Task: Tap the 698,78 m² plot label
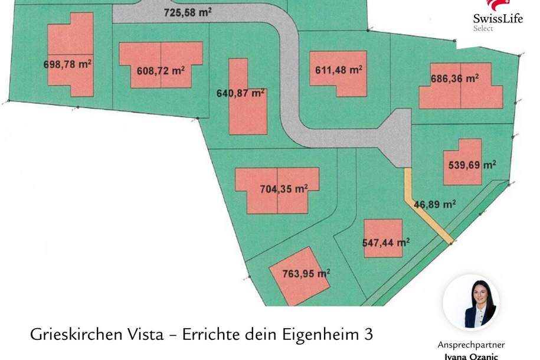click(x=67, y=64)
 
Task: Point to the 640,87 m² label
click(x=241, y=93)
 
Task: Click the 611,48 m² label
click(x=339, y=70)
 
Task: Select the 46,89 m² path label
click(x=434, y=205)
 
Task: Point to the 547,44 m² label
click(x=385, y=243)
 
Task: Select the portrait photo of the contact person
click(x=472, y=303)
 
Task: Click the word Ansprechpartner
click(x=471, y=345)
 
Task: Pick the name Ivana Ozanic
click(x=471, y=356)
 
